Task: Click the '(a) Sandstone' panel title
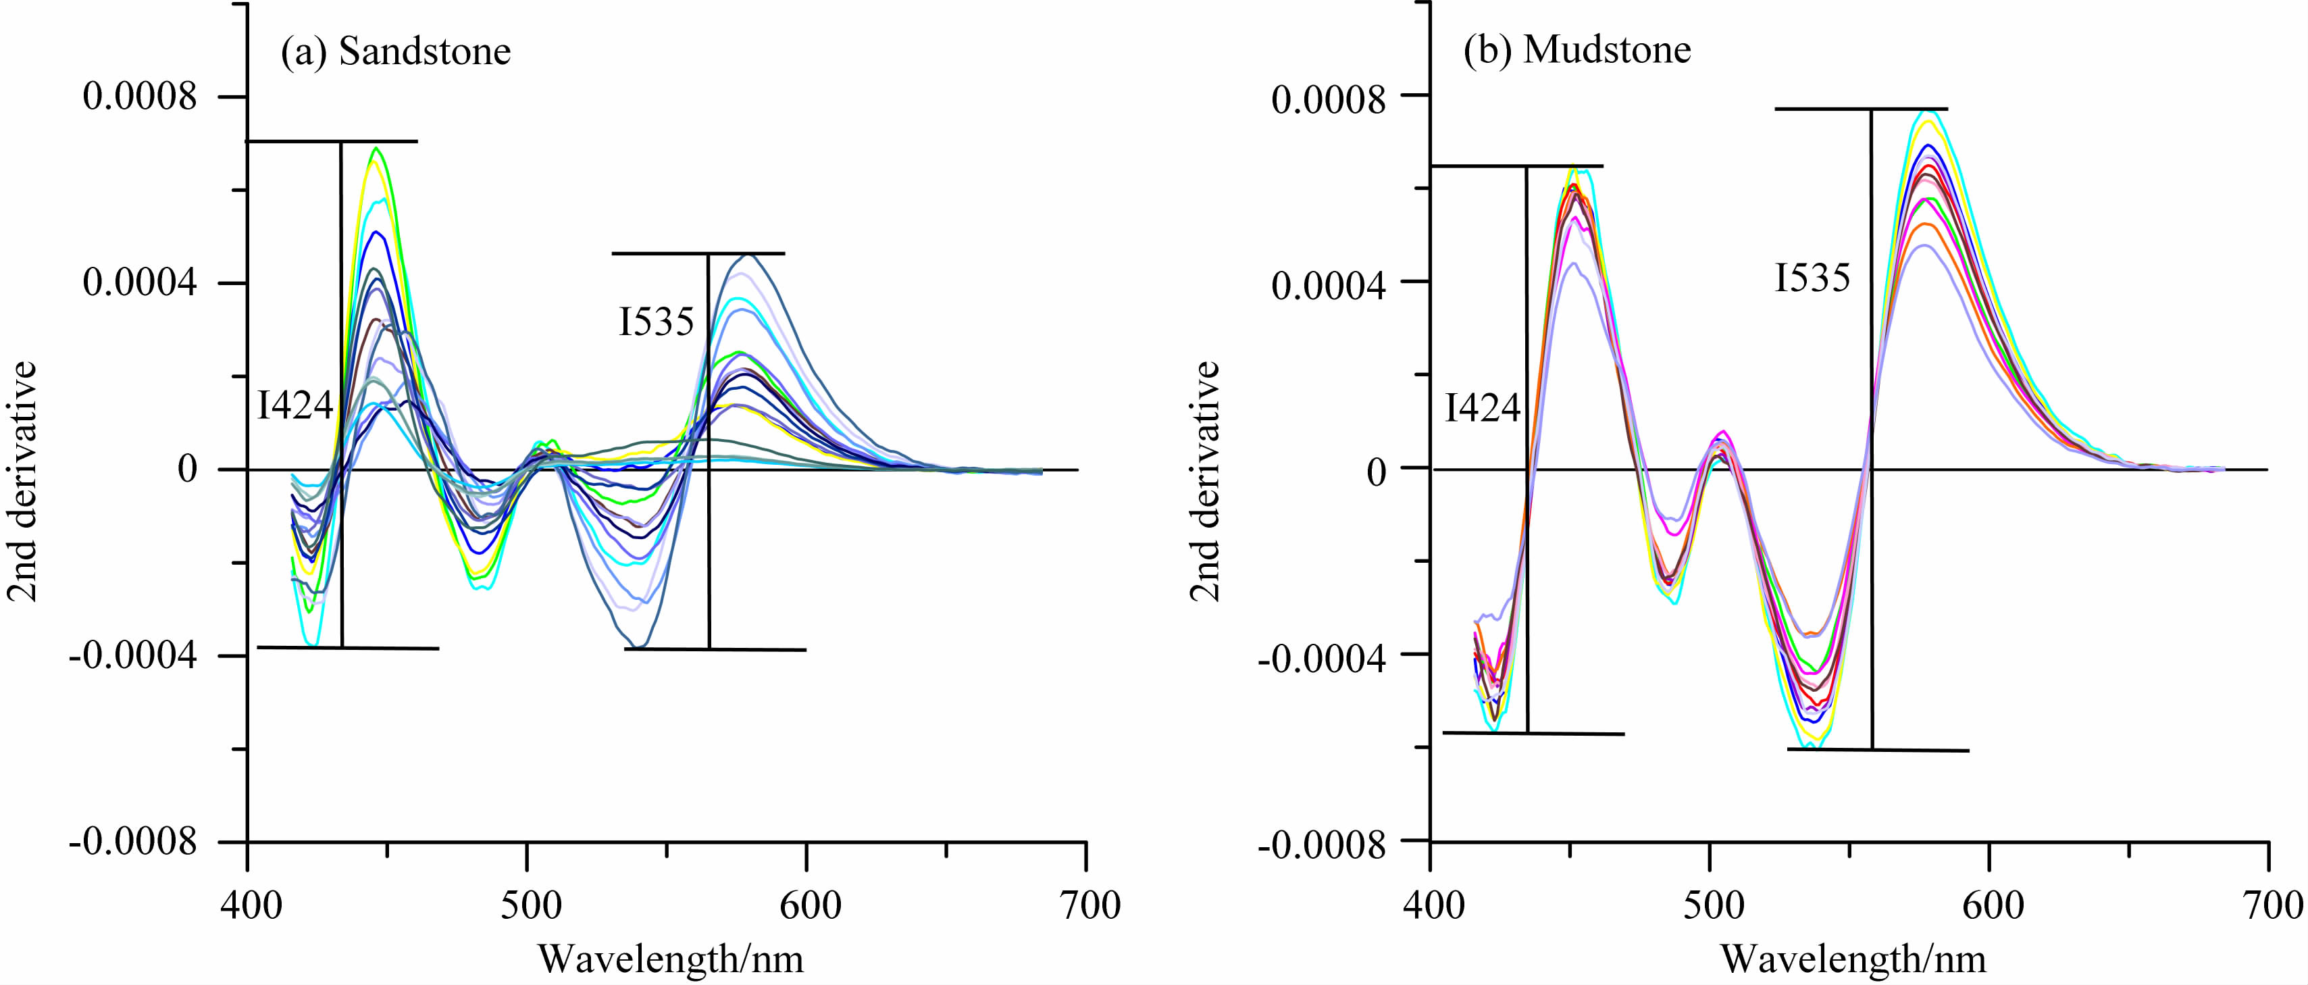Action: coord(395,51)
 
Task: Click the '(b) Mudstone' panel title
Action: coord(1577,49)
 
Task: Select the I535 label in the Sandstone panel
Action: coord(656,322)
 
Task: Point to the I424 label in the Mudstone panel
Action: coord(1482,408)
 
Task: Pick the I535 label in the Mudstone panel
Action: coord(1812,278)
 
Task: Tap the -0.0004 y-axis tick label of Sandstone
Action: coord(132,656)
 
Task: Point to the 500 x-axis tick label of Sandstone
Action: coord(530,905)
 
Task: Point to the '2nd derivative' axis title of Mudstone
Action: coord(1204,480)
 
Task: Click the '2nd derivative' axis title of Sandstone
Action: coord(22,480)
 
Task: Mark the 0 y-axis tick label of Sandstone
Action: coord(187,469)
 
